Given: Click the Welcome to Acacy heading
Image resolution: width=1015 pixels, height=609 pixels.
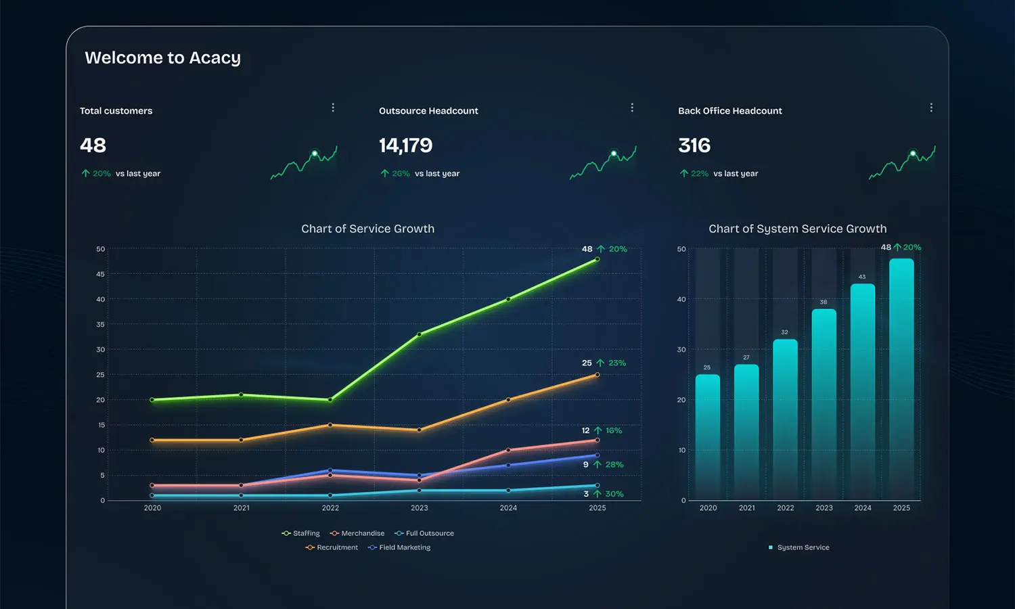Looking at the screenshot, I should (162, 58).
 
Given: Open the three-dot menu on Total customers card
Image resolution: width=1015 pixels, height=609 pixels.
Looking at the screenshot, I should (333, 108).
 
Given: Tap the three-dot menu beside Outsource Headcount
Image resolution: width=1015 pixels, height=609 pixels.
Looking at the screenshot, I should (632, 108).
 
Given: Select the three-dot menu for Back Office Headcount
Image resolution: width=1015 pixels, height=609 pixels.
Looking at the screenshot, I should (931, 108).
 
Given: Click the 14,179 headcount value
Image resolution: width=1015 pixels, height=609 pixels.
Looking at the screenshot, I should (405, 145).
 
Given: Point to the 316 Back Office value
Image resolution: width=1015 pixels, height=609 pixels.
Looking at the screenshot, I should (694, 145).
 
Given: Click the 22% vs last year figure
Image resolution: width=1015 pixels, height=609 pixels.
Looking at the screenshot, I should (699, 174).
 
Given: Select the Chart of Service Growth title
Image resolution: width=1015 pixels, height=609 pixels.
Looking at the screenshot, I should (367, 229).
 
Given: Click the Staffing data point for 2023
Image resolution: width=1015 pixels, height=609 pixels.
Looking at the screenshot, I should (420, 334).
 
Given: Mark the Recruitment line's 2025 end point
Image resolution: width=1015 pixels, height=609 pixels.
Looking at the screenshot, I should (597, 375).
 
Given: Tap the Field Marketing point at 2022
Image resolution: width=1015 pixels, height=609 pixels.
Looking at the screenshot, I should (330, 470).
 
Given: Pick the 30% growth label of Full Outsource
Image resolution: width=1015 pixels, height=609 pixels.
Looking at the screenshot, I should (614, 494).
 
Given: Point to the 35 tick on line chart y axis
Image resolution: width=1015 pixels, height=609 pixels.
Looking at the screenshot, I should (101, 325).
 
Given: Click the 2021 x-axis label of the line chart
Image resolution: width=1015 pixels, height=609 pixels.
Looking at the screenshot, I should (242, 508).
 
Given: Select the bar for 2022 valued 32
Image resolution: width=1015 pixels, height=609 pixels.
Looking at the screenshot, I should (785, 420).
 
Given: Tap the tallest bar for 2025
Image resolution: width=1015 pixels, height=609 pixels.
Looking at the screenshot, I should (901, 379).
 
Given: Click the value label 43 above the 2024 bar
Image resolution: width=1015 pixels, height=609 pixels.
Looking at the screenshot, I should (862, 277).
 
